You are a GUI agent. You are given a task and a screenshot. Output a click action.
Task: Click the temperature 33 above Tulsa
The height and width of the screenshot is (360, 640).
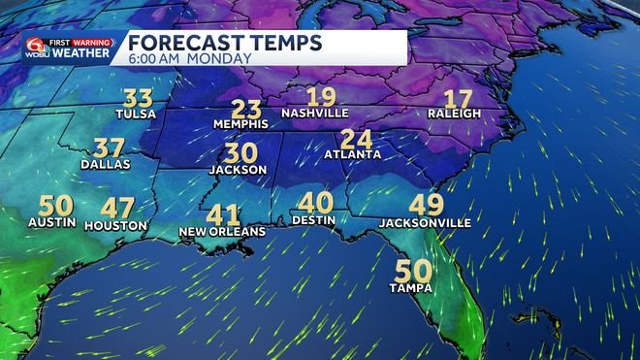point(139,98)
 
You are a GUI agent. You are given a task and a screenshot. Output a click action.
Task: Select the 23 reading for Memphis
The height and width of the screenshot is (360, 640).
point(246,110)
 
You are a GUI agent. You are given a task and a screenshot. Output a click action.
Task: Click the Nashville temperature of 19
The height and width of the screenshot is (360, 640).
point(321,96)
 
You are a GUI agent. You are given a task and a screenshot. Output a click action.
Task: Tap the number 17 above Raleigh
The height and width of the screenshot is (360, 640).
point(457,98)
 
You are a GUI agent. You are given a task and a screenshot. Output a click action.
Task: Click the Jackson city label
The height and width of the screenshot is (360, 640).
point(238,170)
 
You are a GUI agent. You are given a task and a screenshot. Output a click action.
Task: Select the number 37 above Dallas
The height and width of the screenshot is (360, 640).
point(109,148)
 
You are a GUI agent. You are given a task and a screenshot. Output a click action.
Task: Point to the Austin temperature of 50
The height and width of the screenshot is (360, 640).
point(55,207)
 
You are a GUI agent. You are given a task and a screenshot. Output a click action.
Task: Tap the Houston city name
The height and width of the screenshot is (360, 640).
point(116,225)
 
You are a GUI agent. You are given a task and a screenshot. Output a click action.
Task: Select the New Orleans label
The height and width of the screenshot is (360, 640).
point(222,232)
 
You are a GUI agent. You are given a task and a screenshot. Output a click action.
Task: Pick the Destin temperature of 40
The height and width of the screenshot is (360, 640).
point(314,203)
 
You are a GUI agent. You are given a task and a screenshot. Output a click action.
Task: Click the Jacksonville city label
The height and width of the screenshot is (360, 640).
point(426,222)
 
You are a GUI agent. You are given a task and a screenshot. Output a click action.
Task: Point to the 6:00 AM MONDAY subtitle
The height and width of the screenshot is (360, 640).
point(190,58)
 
